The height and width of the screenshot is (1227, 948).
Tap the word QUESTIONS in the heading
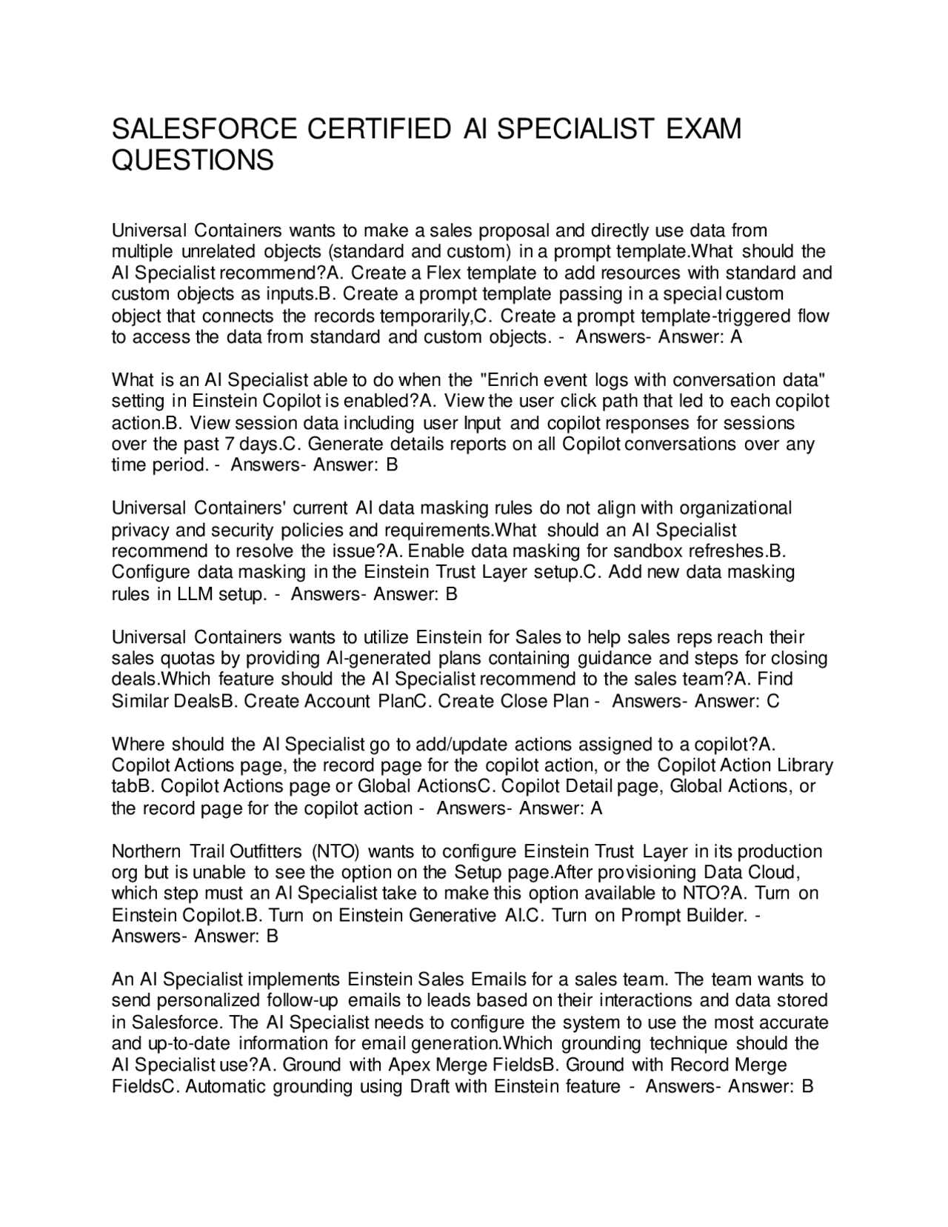pyautogui.click(x=193, y=160)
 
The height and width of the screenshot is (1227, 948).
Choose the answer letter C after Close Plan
pyautogui.click(x=773, y=701)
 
